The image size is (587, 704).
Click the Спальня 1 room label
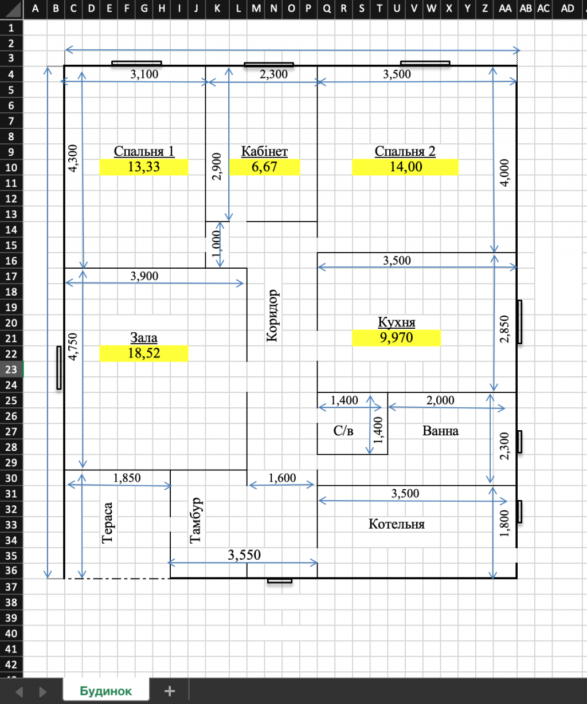pos(144,151)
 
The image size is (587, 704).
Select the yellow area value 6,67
pos(264,167)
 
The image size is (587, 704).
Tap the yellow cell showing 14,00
pos(405,167)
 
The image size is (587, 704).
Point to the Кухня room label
pos(396,322)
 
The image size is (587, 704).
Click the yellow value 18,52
pos(144,353)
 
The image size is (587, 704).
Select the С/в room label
pos(343,431)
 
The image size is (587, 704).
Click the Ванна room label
pos(440,431)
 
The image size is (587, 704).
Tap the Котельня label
pos(396,524)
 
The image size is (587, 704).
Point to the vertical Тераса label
pos(107,523)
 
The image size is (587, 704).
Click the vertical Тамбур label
pos(195,521)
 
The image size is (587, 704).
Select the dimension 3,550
pos(244,554)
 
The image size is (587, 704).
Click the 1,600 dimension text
pos(282,478)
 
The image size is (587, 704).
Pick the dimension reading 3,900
pos(144,276)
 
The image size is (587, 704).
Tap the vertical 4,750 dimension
pos(73,347)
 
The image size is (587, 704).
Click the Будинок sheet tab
pos(106,691)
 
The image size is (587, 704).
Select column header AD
pos(568,9)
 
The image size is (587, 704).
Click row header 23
pos(11,369)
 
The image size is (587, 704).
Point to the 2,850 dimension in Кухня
pos(504,329)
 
